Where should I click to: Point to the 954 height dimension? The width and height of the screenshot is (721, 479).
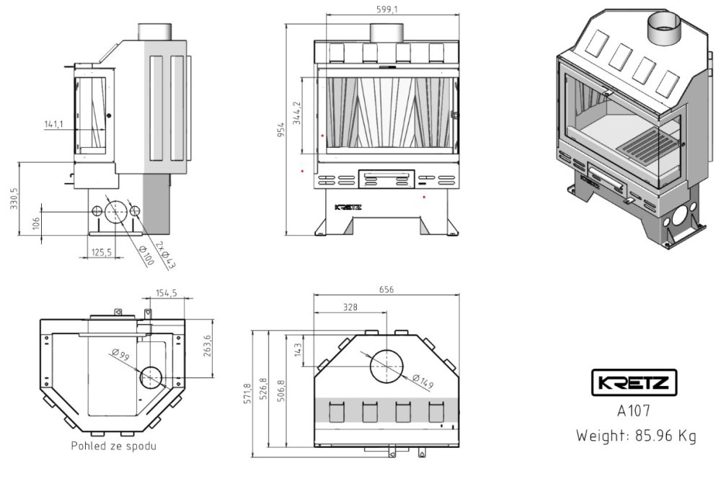pos(282,129)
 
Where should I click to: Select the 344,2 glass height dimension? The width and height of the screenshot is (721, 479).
pos(296,113)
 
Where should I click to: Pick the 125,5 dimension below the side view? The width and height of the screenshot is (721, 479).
pos(101,252)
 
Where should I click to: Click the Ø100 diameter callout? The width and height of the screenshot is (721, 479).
pos(146,255)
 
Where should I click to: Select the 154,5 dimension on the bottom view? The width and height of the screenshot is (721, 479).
pos(167,293)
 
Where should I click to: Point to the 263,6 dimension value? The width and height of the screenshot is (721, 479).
pos(208,346)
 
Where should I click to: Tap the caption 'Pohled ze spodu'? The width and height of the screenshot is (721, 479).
pos(113,446)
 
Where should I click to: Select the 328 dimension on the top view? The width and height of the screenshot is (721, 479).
pos(350,307)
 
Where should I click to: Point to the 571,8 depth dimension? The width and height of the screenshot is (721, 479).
pos(247,394)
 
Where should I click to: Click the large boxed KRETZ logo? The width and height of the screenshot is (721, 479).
pos(634,383)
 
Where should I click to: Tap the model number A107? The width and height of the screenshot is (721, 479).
pos(634,412)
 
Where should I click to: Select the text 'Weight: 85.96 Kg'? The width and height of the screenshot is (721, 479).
pos(635,436)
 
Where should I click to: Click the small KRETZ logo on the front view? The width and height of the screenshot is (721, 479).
pos(348,206)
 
